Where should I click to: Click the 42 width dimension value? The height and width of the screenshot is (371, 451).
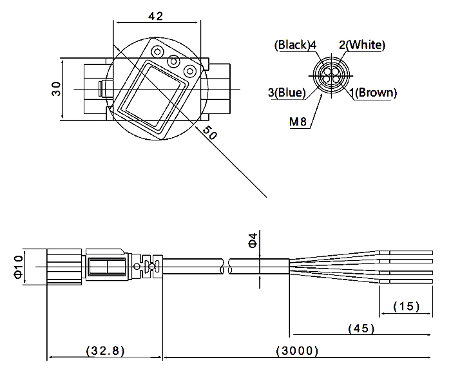coord(156,17)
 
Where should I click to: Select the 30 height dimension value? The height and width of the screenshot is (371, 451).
coord(57,89)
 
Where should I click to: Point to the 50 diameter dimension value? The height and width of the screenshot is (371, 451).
coord(207,132)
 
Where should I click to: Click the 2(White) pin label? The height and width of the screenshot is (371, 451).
coord(362,45)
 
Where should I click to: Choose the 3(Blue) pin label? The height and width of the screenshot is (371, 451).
coord(286,93)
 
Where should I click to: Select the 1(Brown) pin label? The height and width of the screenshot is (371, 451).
coord(374,93)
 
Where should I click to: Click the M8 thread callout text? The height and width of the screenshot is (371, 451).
coord(298,120)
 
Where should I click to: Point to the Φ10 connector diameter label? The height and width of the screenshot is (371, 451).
coord(17,265)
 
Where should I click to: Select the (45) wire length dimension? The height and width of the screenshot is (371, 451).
coord(361,328)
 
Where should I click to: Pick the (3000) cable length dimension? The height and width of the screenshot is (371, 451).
coord(297,351)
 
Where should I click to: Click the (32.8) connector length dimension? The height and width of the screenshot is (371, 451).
coord(105,351)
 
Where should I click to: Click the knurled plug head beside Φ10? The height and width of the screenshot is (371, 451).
coord(64,265)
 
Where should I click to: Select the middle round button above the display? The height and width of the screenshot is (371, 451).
coord(173,61)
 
